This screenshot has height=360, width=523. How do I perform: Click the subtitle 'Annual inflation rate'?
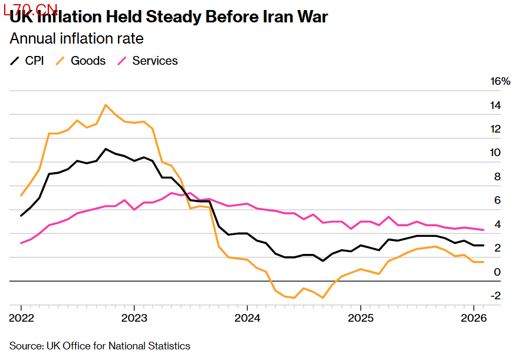tap(77, 39)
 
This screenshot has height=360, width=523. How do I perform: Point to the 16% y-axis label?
tap(500, 81)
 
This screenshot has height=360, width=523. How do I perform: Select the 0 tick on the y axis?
tap(497, 272)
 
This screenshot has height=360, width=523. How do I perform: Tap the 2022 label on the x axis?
tap(21, 318)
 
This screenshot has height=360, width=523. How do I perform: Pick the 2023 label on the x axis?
tap(134, 318)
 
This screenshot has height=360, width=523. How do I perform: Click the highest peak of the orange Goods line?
tap(106, 105)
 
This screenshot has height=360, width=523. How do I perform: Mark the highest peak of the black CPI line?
tap(106, 148)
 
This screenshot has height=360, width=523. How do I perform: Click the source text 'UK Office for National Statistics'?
tap(118, 346)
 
